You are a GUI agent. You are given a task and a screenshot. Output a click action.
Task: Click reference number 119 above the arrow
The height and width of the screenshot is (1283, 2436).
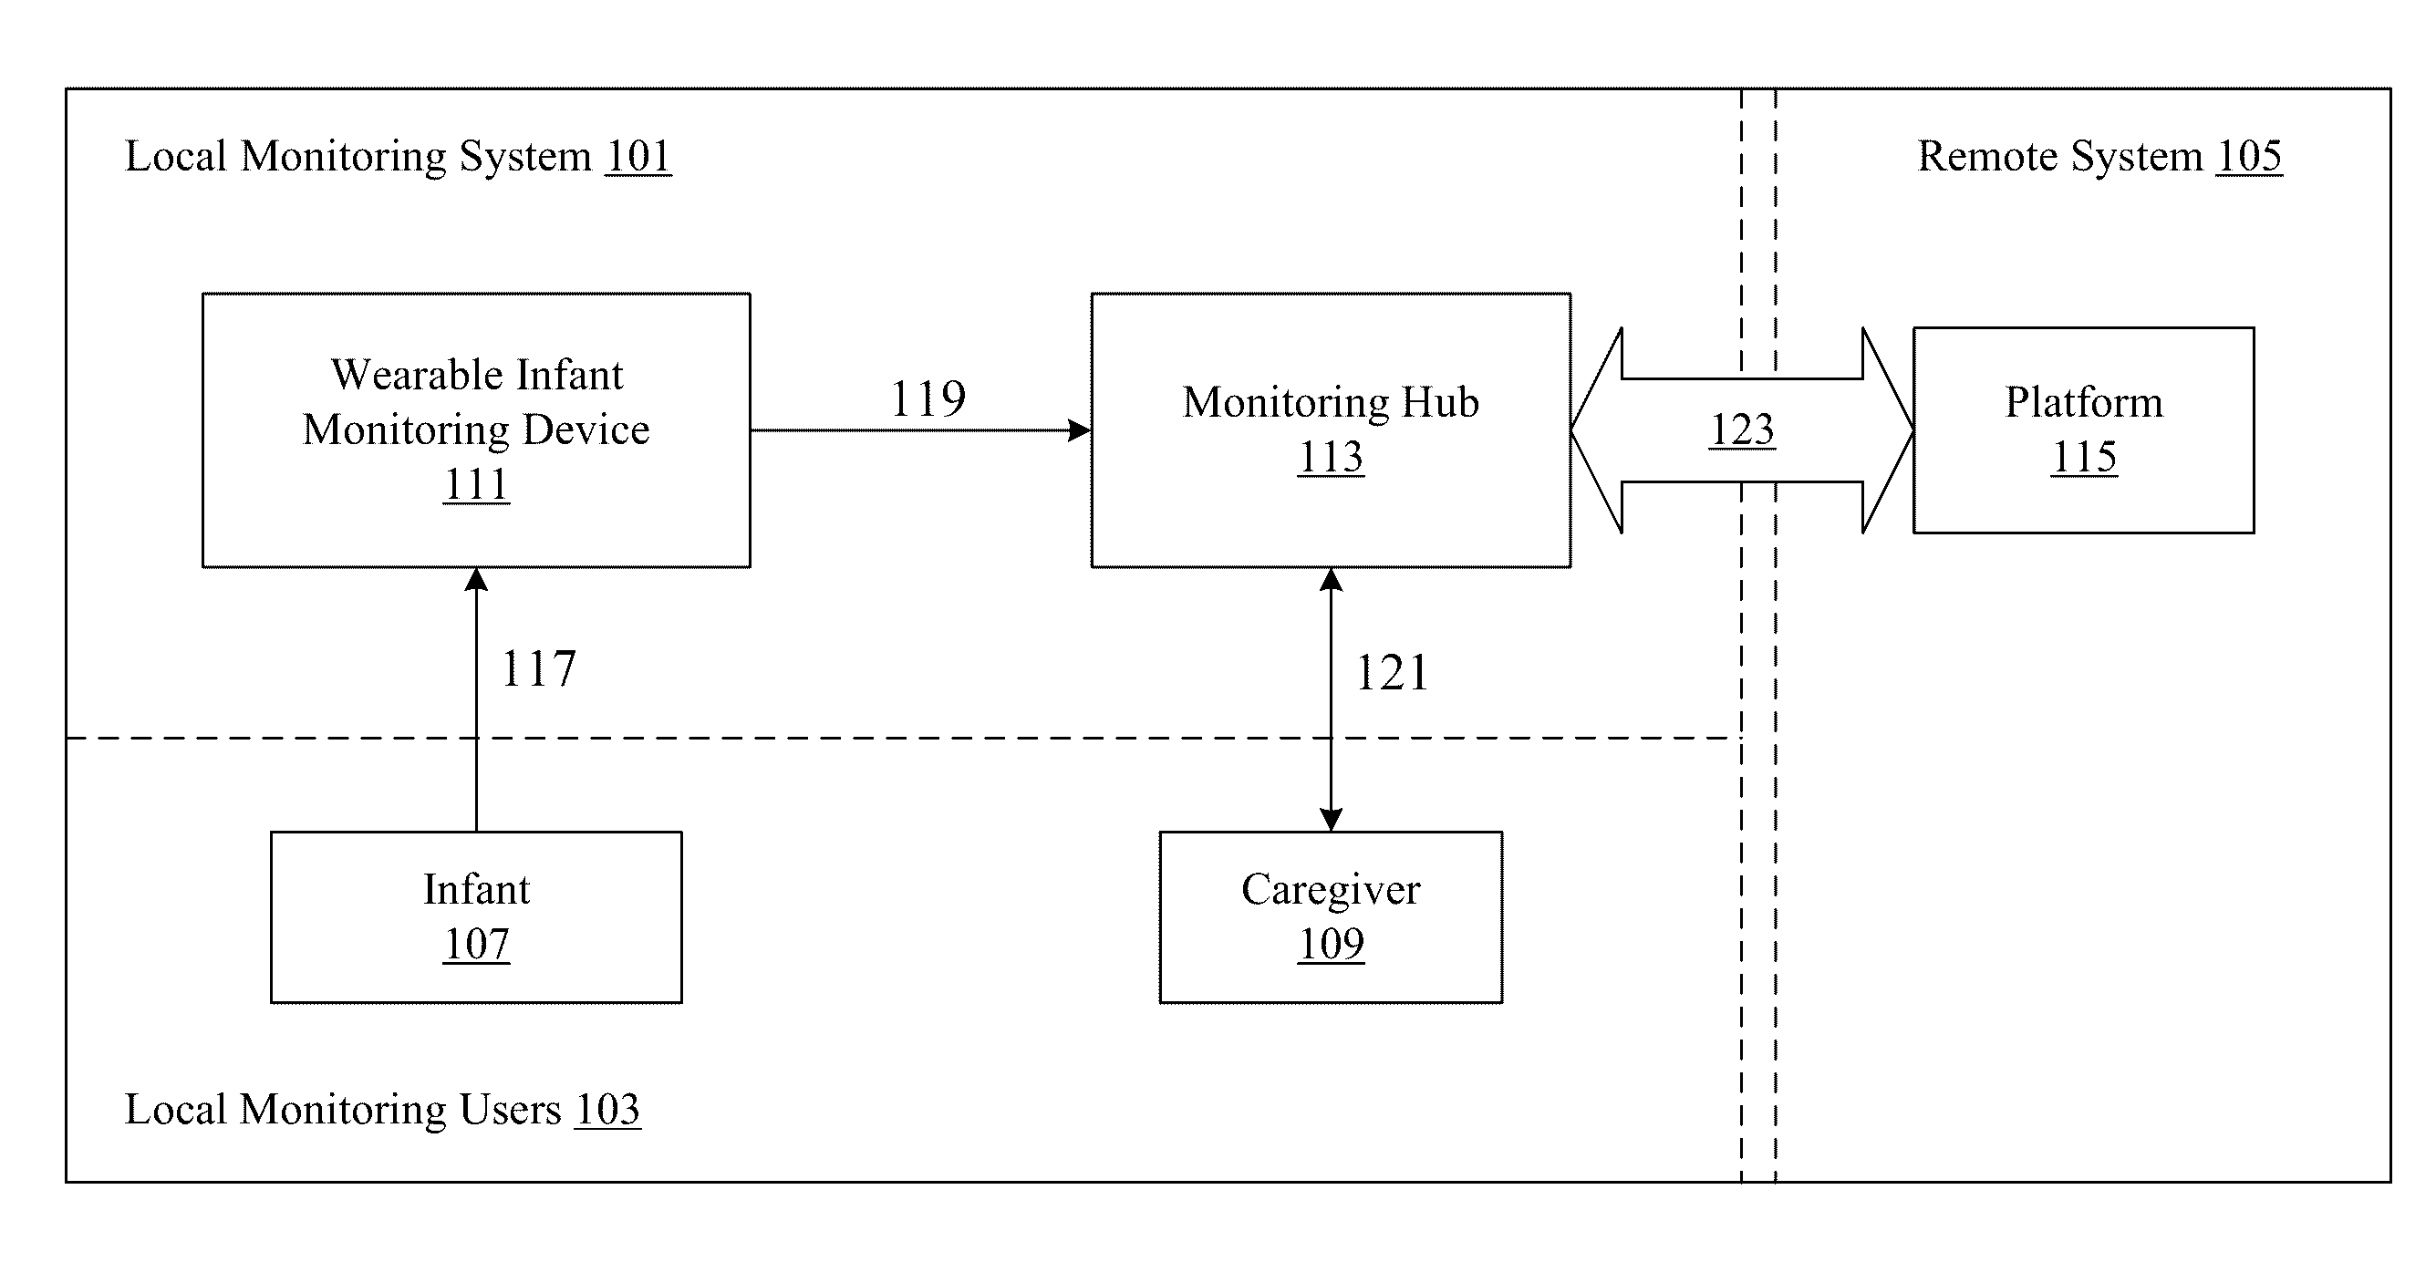click(x=928, y=398)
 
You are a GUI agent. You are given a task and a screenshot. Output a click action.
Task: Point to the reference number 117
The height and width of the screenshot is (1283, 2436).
click(x=538, y=668)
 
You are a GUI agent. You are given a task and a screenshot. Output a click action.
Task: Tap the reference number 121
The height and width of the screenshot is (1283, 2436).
click(x=1392, y=673)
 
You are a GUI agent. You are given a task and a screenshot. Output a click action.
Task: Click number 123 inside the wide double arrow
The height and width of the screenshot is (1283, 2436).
click(x=1742, y=430)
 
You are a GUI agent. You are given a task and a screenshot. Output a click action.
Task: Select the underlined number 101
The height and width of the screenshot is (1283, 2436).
click(x=638, y=156)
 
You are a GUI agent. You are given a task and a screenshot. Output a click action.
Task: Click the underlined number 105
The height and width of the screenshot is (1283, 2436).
click(x=2250, y=156)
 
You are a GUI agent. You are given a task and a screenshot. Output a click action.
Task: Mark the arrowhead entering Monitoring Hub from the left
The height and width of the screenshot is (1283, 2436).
click(x=1080, y=430)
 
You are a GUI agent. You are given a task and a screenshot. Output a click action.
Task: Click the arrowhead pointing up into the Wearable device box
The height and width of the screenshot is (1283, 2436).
click(x=477, y=580)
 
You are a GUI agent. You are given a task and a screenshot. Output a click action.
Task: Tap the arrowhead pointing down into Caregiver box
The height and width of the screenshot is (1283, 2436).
click(x=1331, y=820)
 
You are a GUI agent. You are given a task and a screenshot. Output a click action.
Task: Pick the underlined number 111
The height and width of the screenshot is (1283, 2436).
click(x=477, y=485)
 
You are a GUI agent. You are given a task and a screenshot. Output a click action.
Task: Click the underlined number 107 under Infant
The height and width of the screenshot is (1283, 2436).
click(x=477, y=944)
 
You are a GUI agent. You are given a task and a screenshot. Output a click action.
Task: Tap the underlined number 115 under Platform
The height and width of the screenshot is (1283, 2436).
click(x=2083, y=458)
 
